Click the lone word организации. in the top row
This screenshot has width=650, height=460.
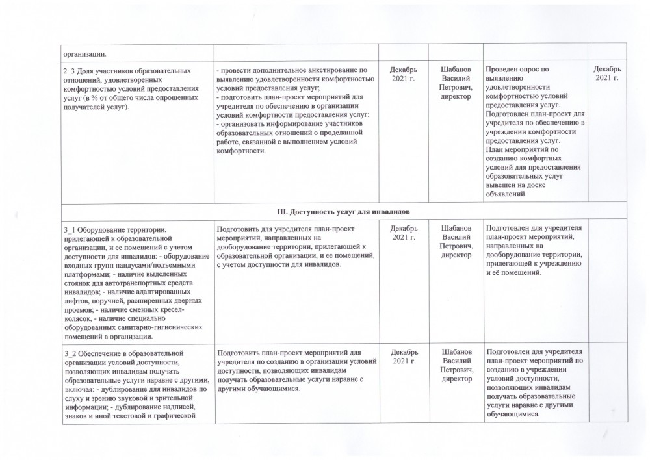click(x=83, y=53)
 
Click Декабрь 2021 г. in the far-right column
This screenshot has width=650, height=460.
click(x=608, y=73)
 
